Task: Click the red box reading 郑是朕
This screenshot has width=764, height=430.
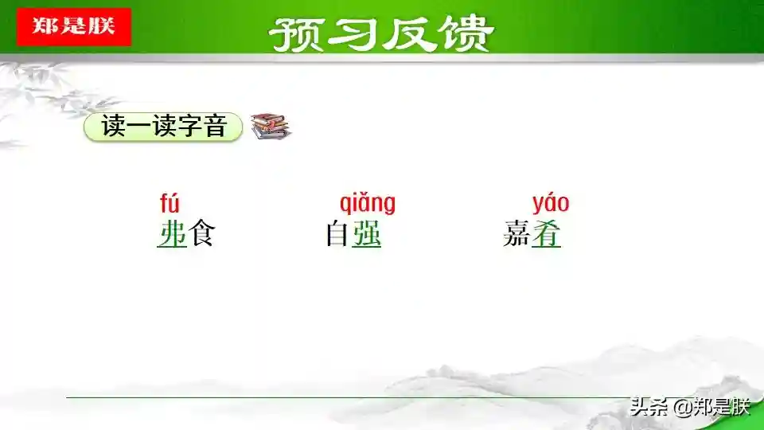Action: tap(74, 27)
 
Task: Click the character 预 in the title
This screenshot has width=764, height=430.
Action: tap(296, 34)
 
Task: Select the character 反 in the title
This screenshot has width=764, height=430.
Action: tap(408, 34)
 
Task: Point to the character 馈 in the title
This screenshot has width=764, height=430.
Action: tap(466, 34)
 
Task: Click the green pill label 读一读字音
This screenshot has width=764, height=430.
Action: tap(163, 127)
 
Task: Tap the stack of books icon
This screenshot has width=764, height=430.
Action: tap(271, 127)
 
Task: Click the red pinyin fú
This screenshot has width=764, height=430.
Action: tap(170, 203)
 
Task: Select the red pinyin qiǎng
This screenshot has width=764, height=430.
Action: tap(368, 203)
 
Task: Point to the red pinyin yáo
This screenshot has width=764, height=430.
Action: tap(551, 203)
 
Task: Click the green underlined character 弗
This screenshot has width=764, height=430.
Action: tap(172, 233)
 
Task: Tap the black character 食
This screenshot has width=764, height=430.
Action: tap(201, 233)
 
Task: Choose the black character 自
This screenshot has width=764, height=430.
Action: tap(337, 233)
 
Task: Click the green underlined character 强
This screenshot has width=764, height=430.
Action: tap(366, 233)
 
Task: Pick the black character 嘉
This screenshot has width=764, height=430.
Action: tap(517, 233)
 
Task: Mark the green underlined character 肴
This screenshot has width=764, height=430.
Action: tap(546, 233)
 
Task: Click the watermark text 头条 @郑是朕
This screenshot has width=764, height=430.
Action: tap(690, 407)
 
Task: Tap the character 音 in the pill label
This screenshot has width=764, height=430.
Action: tap(216, 127)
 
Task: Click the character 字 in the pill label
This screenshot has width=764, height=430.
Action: tap(189, 127)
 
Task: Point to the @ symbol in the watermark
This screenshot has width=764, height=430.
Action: tap(683, 408)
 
